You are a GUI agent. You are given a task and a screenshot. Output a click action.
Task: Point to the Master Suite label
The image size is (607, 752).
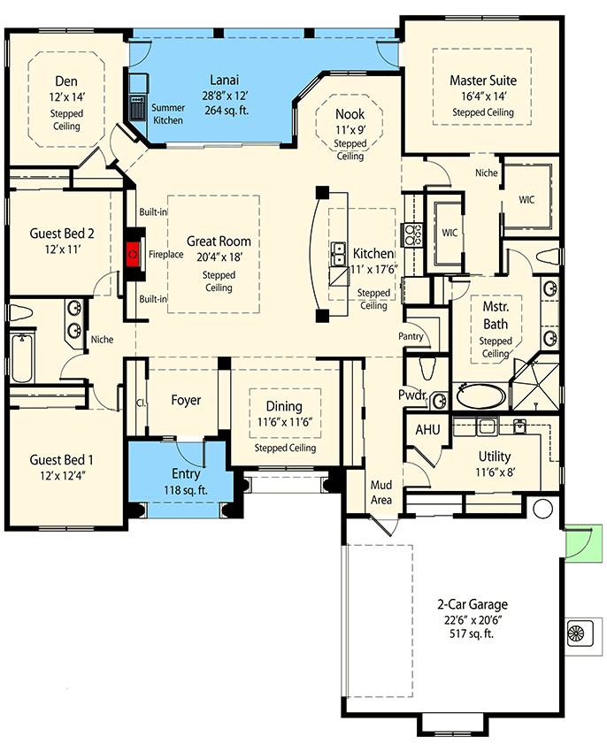tap(482, 81)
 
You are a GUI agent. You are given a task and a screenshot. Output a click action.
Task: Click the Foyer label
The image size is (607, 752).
tap(186, 400)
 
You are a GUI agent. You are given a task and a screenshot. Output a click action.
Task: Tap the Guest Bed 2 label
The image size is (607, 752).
tap(62, 234)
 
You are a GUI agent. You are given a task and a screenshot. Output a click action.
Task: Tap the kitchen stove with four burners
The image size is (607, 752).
tap(412, 234)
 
